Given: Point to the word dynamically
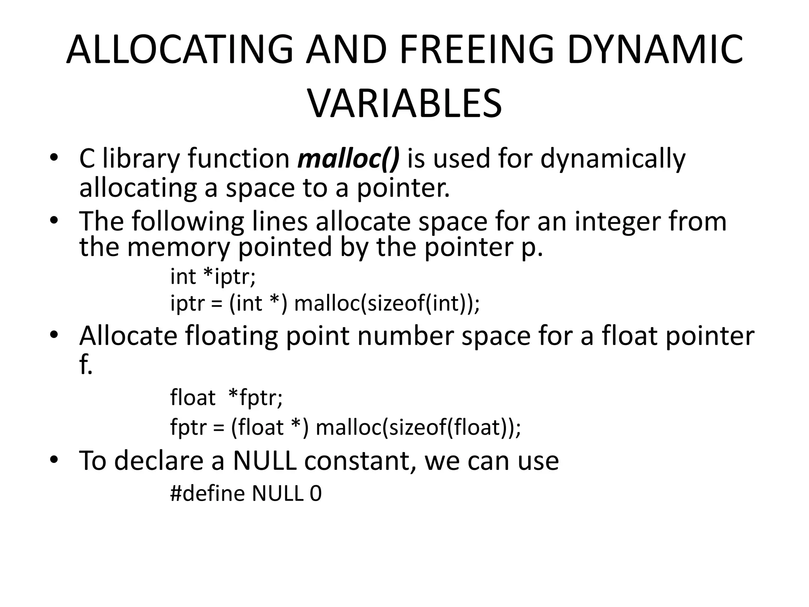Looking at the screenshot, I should tap(613, 159).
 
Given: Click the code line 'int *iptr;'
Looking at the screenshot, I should tap(213, 276).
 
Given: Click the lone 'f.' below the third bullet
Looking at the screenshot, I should tap(86, 365).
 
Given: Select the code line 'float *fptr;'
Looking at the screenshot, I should tap(226, 398).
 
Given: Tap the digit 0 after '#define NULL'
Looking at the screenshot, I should tap(316, 494).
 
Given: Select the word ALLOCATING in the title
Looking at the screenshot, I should tap(180, 50).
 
